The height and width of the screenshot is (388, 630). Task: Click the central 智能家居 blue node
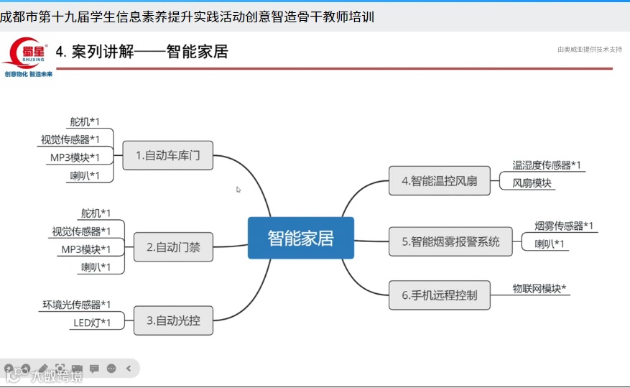(x=300, y=238)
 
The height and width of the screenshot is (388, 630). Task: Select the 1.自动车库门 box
(x=168, y=155)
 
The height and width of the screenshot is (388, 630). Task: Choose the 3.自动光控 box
(x=173, y=320)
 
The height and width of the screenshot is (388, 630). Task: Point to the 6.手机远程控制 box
(x=440, y=295)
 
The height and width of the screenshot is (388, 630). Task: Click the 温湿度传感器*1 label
(x=546, y=165)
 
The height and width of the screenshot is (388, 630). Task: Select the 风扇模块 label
(x=532, y=183)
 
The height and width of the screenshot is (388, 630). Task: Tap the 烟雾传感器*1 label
(x=564, y=226)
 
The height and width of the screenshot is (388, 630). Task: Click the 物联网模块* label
(x=539, y=288)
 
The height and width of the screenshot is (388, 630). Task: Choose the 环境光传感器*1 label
(x=76, y=305)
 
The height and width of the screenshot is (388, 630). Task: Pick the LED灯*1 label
(x=92, y=323)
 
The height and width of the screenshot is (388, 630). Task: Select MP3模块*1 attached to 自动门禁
(x=85, y=249)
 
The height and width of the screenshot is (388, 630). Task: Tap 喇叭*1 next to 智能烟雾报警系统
(x=550, y=244)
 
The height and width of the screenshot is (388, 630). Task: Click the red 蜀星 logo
(x=27, y=53)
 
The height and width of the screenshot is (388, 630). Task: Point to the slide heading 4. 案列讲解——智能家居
(x=142, y=52)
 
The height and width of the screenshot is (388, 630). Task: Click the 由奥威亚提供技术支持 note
(x=589, y=50)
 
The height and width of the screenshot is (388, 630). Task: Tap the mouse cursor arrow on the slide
(x=238, y=190)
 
